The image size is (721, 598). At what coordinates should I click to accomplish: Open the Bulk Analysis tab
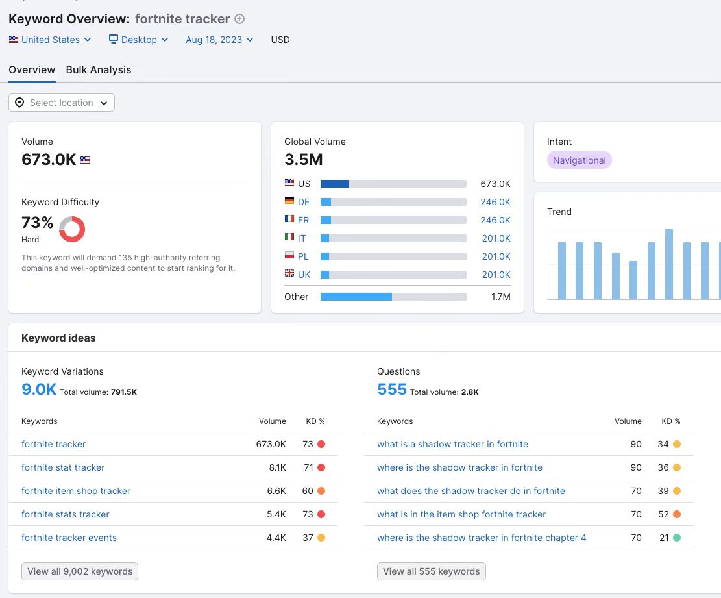tap(99, 70)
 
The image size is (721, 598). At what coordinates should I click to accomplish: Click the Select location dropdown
tap(62, 103)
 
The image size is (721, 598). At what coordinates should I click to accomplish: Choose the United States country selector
tap(50, 40)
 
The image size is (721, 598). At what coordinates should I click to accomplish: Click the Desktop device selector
tap(138, 40)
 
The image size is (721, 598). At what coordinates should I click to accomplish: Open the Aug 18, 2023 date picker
tap(219, 40)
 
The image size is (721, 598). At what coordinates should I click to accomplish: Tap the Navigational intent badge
tap(580, 160)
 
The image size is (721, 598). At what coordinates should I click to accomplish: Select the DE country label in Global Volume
tap(304, 202)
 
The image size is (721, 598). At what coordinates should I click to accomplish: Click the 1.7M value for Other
tap(501, 297)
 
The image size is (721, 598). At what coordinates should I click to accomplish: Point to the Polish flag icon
tap(289, 255)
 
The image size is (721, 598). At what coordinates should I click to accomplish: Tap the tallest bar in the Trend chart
tap(669, 264)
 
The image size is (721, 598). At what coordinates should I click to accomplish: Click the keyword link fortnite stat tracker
tap(63, 467)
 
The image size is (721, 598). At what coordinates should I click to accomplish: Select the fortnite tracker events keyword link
tap(69, 538)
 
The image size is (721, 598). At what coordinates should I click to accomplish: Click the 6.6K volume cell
tap(276, 491)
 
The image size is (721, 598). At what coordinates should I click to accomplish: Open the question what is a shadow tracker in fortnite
tap(452, 444)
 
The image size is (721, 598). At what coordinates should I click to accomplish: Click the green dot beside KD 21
tap(677, 537)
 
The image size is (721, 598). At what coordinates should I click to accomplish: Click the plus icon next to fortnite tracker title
tap(239, 19)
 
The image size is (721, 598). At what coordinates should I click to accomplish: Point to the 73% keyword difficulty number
tap(37, 223)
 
